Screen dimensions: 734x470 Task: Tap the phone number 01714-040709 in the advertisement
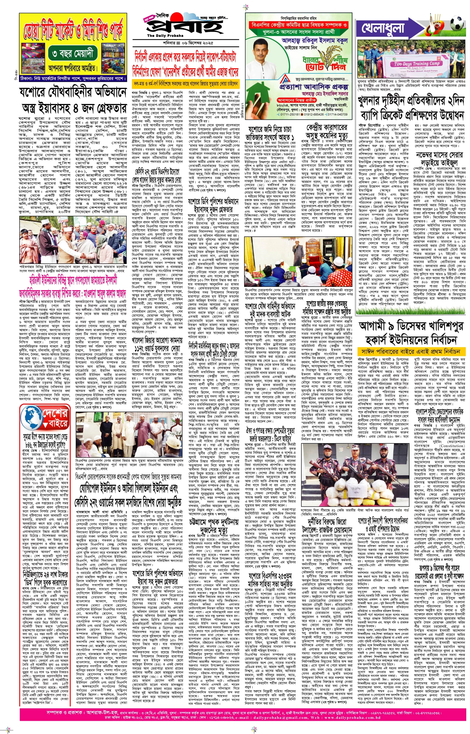point(337,114)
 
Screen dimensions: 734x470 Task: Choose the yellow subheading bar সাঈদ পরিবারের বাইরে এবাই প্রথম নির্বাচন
point(410,351)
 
